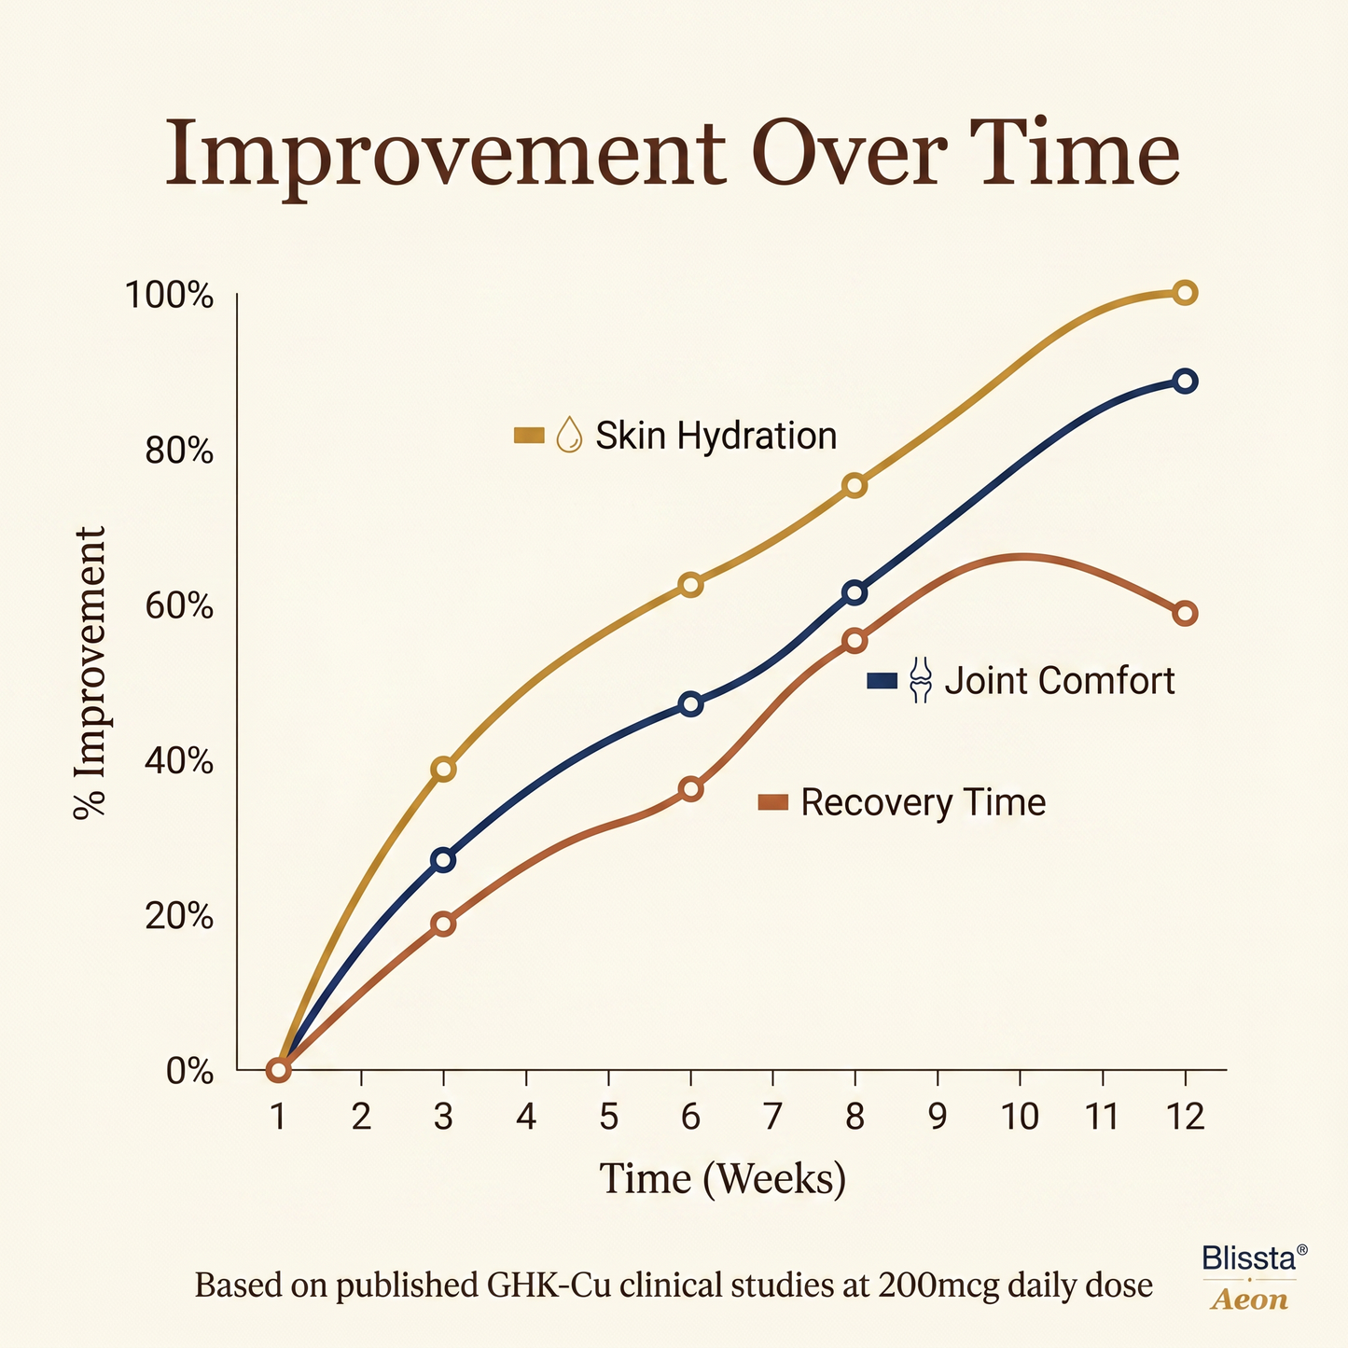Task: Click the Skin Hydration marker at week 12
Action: point(1185,293)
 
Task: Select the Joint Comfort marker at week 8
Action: point(855,592)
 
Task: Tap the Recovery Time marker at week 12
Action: point(1185,614)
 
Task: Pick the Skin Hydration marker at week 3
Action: point(444,770)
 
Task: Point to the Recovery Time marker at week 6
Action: point(690,789)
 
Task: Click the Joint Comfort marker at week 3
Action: point(444,860)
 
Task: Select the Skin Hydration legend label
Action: point(716,436)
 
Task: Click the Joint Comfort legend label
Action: point(1060,681)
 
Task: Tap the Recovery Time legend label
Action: point(923,803)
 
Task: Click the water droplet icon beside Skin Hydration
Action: point(569,435)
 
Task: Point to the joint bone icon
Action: point(921,680)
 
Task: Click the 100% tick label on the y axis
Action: point(170,296)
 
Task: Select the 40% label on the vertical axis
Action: point(177,761)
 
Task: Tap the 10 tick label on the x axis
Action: point(1021,1116)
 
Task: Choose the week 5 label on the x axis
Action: point(608,1116)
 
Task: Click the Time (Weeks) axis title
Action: point(722,1179)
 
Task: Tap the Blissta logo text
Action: point(1249,1258)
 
